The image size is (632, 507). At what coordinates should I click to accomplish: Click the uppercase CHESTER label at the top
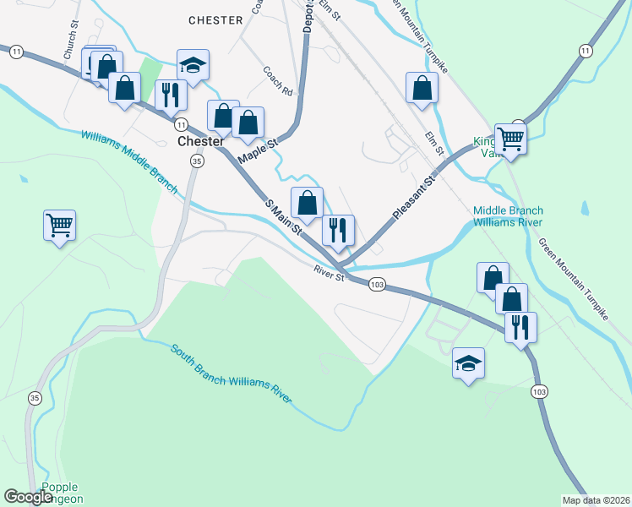tap(215, 19)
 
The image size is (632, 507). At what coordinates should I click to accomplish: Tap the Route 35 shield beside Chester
tap(197, 161)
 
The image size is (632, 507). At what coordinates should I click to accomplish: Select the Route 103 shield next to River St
tap(377, 285)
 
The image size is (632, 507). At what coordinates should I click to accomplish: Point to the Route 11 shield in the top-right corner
tap(585, 52)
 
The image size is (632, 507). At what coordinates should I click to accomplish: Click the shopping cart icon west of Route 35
tap(60, 226)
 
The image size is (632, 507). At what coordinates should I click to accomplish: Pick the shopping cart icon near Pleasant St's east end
tap(510, 138)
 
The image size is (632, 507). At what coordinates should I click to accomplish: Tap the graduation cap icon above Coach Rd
tap(193, 65)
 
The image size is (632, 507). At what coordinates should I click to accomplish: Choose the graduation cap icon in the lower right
tap(468, 363)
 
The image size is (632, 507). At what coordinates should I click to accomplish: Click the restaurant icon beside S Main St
tap(338, 230)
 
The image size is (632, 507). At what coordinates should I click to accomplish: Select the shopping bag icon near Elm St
tap(422, 88)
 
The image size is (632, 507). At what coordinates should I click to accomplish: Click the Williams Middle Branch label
tap(131, 161)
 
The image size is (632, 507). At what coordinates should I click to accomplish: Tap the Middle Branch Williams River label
tap(508, 217)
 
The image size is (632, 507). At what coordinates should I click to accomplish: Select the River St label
tap(330, 275)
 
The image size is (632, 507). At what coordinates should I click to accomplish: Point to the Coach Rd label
tap(276, 81)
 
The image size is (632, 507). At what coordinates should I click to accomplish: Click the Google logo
tap(29, 497)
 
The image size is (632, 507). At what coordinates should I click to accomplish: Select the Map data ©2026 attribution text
tap(595, 500)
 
